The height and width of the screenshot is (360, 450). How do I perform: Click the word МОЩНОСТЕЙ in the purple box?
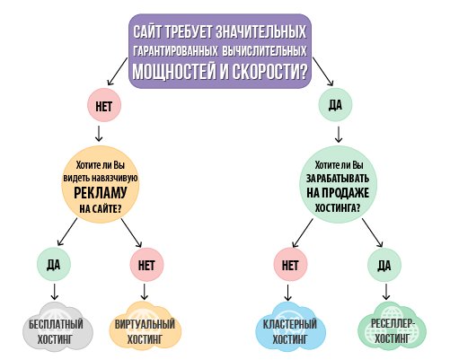(174, 71)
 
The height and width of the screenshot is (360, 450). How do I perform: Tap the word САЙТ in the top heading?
(147, 31)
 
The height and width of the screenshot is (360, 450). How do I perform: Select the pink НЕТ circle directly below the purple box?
(104, 105)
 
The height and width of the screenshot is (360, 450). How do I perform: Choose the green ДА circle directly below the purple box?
(335, 104)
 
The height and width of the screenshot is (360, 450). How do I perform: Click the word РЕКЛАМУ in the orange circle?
(101, 193)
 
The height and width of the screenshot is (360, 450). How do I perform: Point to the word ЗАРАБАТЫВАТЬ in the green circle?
(338, 179)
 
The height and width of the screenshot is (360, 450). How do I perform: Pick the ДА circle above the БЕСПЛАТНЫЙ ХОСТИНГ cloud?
(54, 265)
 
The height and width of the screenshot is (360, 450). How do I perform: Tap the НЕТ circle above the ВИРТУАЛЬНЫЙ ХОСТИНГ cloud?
(146, 265)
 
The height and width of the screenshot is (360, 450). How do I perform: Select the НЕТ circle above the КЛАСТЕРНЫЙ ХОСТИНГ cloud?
(290, 265)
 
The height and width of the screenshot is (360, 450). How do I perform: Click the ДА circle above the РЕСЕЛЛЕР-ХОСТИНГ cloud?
(384, 265)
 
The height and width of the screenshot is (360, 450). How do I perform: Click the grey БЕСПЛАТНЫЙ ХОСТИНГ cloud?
(57, 328)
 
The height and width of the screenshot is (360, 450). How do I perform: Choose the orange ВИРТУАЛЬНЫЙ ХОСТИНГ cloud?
(145, 328)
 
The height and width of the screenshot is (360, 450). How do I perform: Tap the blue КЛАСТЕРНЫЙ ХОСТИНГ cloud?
(290, 328)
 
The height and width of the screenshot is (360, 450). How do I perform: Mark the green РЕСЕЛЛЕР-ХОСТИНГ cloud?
(392, 328)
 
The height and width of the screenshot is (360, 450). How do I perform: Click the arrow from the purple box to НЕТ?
(118, 71)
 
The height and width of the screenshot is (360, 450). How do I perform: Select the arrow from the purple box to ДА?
(323, 72)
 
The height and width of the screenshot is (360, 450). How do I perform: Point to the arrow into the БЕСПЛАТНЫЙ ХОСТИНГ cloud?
(54, 292)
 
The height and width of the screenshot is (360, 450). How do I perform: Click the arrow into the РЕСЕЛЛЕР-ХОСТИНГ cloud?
(386, 292)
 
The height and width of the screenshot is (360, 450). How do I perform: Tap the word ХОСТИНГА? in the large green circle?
(338, 207)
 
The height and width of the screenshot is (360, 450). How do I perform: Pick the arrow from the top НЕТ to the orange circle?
(99, 134)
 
